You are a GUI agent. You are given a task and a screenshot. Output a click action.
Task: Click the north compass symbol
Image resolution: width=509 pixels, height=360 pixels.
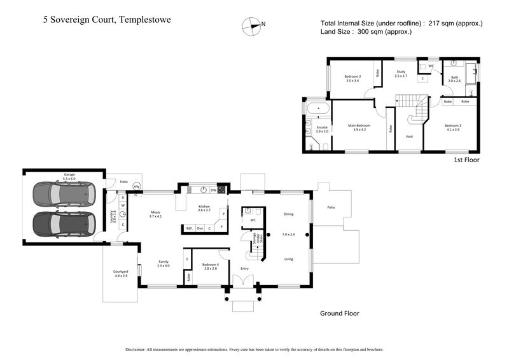(251, 25)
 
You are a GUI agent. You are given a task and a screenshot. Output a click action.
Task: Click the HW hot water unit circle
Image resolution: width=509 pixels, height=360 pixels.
(136, 186)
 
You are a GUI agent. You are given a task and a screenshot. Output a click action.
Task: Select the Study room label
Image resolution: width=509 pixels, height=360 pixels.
(401, 74)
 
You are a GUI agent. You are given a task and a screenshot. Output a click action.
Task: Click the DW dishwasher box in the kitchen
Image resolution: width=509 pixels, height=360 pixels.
(214, 189)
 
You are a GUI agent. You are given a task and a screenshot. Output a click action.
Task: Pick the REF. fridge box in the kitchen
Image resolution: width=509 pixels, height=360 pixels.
(189, 228)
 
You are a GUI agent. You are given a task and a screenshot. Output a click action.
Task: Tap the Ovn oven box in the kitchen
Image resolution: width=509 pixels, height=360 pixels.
(199, 228)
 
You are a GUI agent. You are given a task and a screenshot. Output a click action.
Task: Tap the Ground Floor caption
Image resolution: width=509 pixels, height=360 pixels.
(339, 313)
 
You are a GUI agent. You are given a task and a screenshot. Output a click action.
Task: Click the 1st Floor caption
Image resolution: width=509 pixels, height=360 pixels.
(466, 160)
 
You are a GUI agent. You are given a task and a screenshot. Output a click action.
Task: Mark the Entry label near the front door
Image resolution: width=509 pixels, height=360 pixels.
(244, 268)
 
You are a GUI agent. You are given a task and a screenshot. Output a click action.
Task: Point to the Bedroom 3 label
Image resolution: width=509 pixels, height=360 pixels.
(452, 126)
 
